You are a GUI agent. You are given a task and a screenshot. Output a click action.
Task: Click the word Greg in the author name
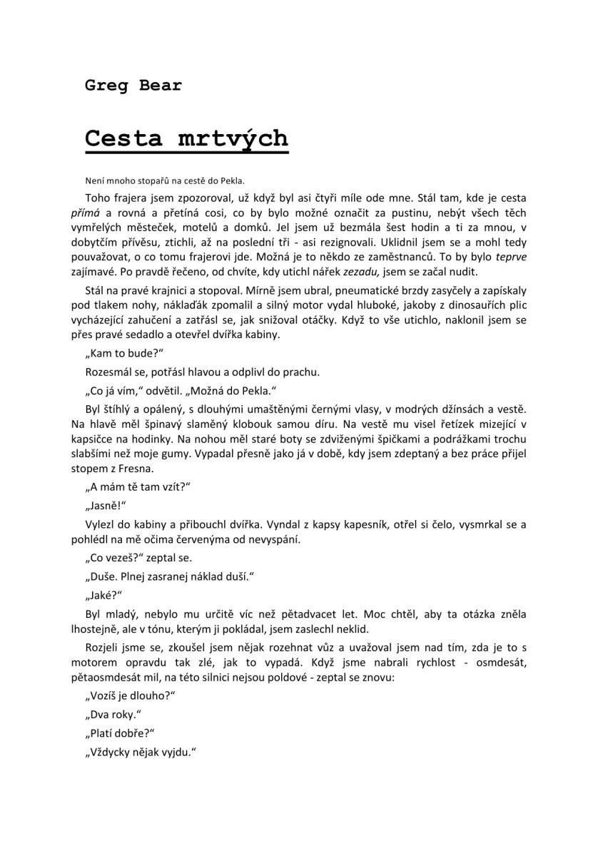click(x=104, y=86)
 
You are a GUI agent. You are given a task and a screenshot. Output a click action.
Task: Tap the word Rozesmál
click(x=109, y=372)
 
